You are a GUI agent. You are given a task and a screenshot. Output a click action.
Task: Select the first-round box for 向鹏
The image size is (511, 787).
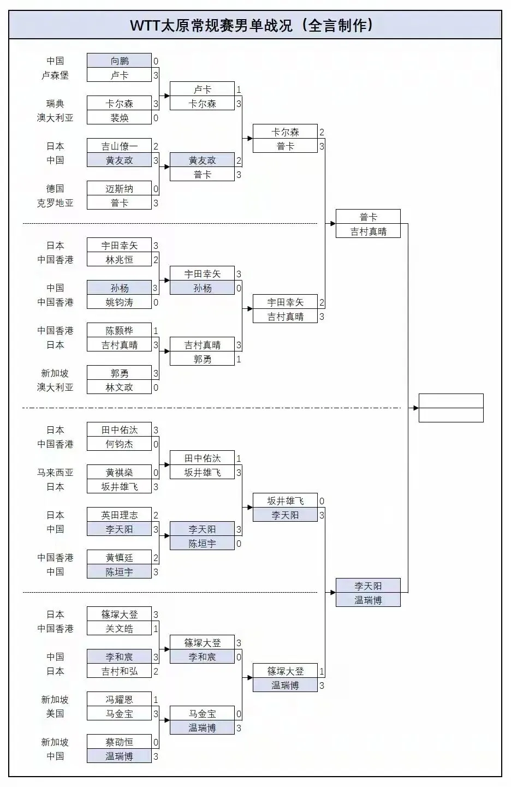coord(119,61)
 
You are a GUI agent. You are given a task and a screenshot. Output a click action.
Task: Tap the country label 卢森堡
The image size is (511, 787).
coord(55,75)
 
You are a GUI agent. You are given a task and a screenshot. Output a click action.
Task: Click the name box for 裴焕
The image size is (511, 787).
coord(119,118)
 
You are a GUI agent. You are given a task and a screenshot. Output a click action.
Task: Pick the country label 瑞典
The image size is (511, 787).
coord(55,104)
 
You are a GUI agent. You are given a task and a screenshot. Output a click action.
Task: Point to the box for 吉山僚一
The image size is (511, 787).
coord(119,146)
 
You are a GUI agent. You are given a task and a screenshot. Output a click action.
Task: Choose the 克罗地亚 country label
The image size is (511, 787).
coord(55,203)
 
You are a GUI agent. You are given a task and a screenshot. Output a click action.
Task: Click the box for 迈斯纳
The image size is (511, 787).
coord(119,189)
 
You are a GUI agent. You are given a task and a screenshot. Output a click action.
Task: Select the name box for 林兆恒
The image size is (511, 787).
coord(119,260)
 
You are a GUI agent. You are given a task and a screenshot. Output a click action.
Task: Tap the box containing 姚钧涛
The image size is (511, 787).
coord(119,302)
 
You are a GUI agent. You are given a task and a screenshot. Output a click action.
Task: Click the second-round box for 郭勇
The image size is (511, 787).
coord(202,359)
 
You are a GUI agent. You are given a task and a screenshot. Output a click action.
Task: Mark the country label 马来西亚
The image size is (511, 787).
coord(55,473)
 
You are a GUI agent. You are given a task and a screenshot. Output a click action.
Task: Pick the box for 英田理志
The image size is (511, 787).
coord(119,515)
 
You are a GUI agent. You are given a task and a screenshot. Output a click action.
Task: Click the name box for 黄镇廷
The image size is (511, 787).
coord(119,558)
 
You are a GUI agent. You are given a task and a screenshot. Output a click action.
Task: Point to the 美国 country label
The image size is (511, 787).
coord(55,714)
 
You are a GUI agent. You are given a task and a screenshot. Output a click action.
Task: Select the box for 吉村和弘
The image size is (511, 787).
coord(119,671)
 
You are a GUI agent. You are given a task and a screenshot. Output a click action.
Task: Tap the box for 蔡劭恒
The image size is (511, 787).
coord(119,742)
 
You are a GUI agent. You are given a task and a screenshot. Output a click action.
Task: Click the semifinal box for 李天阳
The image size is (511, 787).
coord(368,586)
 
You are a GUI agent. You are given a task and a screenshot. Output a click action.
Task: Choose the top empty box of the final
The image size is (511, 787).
coord(451,401)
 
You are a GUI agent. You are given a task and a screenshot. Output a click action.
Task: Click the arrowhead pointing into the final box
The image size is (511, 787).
coord(415,408)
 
